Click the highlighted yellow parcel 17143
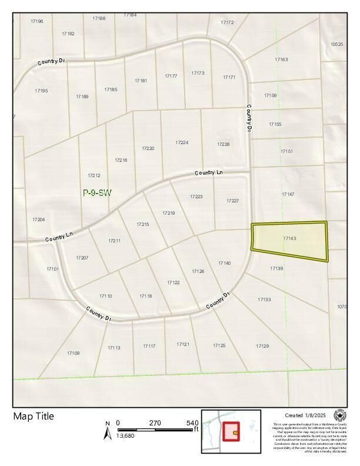pyautogui.click(x=289, y=241)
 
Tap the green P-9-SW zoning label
pyautogui.click(x=97, y=192)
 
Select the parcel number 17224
pyautogui.click(x=182, y=142)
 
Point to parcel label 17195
pyautogui.click(x=41, y=91)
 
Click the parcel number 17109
pyautogui.click(x=73, y=353)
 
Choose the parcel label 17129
pyautogui.click(x=262, y=346)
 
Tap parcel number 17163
pyautogui.click(x=281, y=59)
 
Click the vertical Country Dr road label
pyautogui.click(x=249, y=118)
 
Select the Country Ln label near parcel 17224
pyautogui.click(x=209, y=173)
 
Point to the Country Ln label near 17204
pyautogui.click(x=58, y=237)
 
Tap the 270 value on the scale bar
pyautogui.click(x=155, y=422)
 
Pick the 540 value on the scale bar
pyautogui.click(x=192, y=422)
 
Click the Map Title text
pyautogui.click(x=34, y=417)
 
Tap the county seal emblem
pyautogui.click(x=340, y=415)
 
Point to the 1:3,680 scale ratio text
pyautogui.click(x=125, y=435)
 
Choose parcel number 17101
pyautogui.click(x=53, y=269)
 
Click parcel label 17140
pyautogui.click(x=224, y=263)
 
